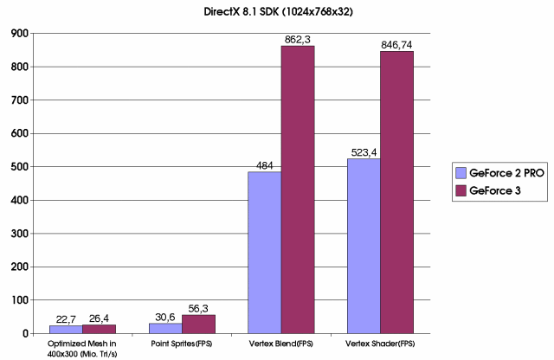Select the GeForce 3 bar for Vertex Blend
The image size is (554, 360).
pos(298,190)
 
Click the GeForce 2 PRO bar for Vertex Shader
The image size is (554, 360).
pos(364,246)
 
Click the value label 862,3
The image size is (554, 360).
pos(298,39)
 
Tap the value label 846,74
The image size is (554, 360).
pos(397,43)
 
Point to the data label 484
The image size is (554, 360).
pos(265,164)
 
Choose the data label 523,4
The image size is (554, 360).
pos(364,151)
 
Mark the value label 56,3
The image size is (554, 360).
pos(199,307)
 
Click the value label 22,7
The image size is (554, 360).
pos(67,318)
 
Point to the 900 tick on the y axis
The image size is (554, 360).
pos(20,33)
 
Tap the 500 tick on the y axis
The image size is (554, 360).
pos(20,166)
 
